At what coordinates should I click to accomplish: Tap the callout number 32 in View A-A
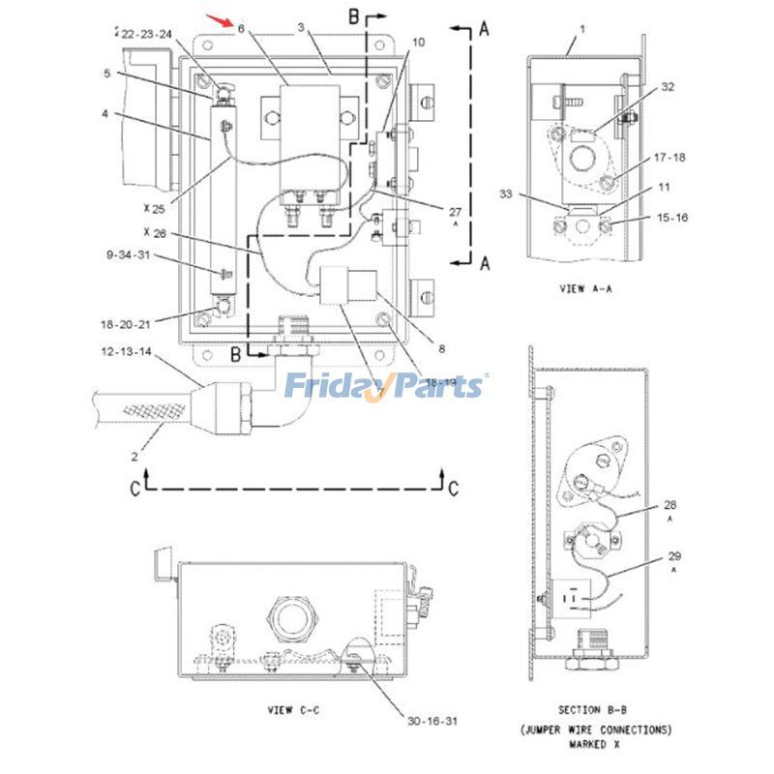click(x=667, y=87)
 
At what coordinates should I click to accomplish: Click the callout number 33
click(x=533, y=193)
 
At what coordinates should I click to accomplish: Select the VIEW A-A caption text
click(x=586, y=288)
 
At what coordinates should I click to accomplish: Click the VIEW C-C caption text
click(x=293, y=710)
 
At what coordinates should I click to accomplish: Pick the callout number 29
click(x=673, y=556)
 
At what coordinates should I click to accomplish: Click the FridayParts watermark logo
click(x=386, y=386)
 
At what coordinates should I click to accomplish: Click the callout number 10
click(x=418, y=43)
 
